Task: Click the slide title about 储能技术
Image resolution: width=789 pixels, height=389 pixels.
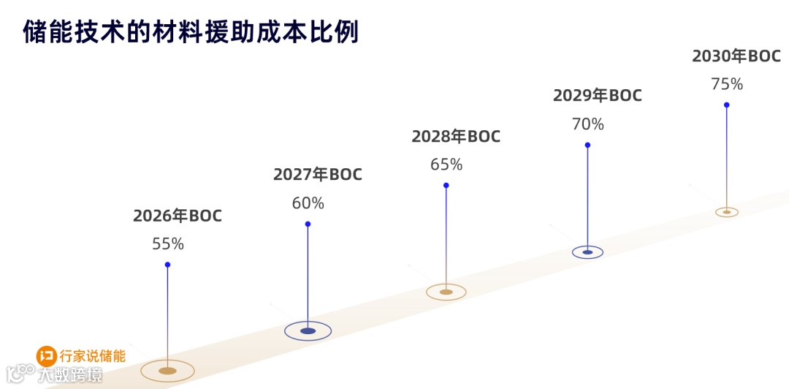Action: point(191,33)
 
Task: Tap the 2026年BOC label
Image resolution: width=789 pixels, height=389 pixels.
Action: point(177,216)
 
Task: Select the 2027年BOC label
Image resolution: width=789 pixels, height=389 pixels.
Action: point(317,175)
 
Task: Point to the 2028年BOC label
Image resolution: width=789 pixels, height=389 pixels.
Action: point(456,136)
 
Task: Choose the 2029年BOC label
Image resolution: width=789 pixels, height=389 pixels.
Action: point(597,95)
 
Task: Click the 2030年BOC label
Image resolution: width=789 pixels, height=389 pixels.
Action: point(736,56)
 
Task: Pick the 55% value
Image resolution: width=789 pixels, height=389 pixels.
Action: point(168,243)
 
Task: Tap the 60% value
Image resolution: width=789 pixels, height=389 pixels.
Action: point(308,203)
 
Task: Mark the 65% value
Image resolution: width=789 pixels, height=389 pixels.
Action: point(446,165)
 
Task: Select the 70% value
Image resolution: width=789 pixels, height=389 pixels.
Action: point(587,124)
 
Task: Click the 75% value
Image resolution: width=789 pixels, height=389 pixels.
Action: point(727,84)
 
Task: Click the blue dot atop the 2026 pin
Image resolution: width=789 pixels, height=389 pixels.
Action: point(167,265)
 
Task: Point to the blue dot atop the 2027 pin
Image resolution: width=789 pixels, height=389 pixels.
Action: point(308,224)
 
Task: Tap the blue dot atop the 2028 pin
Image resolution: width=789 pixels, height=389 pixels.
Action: point(446,185)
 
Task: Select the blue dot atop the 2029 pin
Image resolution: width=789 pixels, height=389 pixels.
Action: point(587,145)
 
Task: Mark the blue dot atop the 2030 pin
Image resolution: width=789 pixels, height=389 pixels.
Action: point(727,105)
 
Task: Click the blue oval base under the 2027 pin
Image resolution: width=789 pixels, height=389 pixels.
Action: point(308,331)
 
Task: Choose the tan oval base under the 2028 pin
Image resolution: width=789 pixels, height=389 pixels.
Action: point(446,292)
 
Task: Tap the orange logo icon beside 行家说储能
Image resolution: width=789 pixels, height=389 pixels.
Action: point(47,357)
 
